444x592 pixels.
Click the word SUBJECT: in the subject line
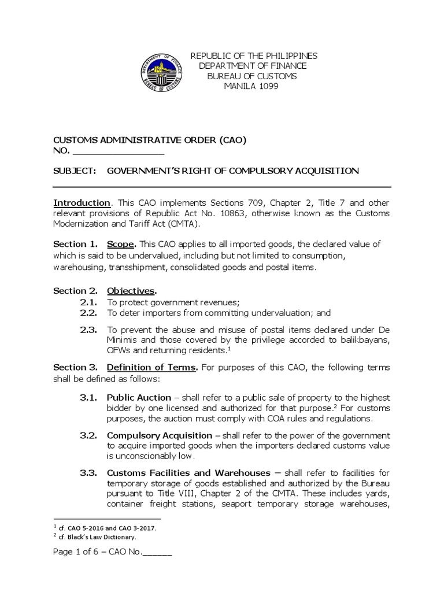73,171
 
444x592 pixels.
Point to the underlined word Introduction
82,203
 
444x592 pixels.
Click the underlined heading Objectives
131,290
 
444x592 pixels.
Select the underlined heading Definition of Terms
152,368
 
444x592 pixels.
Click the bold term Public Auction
139,398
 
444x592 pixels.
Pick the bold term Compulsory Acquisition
154,435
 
